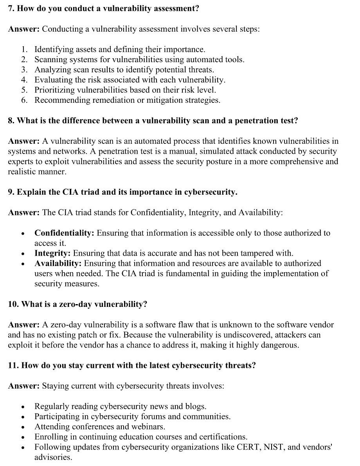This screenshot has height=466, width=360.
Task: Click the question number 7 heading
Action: click(x=103, y=8)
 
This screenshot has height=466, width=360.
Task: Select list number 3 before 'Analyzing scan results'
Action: click(x=24, y=70)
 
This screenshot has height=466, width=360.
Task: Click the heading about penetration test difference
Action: click(x=153, y=120)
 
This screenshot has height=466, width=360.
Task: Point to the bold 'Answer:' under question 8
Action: click(x=23, y=141)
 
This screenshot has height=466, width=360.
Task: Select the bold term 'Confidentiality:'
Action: click(x=64, y=233)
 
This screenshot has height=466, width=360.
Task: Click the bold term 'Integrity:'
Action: click(x=52, y=253)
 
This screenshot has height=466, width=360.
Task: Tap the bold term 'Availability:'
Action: click(x=58, y=263)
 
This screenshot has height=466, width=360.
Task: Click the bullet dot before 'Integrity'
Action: click(x=23, y=254)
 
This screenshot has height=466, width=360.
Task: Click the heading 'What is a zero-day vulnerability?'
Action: click(x=77, y=304)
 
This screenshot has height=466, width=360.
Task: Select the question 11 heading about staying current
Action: click(x=132, y=365)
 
